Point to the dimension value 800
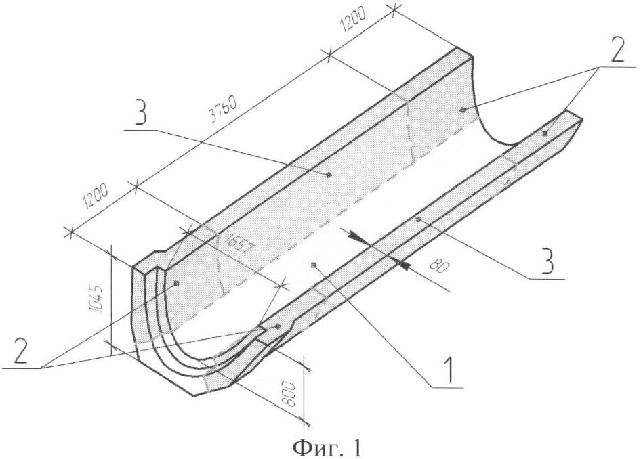pos(289,393)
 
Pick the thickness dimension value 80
pos(440,266)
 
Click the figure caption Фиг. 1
pos(327,448)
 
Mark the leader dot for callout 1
pos(314,265)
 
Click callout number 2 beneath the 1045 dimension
pos(20,350)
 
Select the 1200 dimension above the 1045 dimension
pos(96,197)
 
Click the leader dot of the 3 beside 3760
pos(329,175)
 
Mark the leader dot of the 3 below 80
pos(418,220)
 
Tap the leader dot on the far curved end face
pos(462,110)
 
